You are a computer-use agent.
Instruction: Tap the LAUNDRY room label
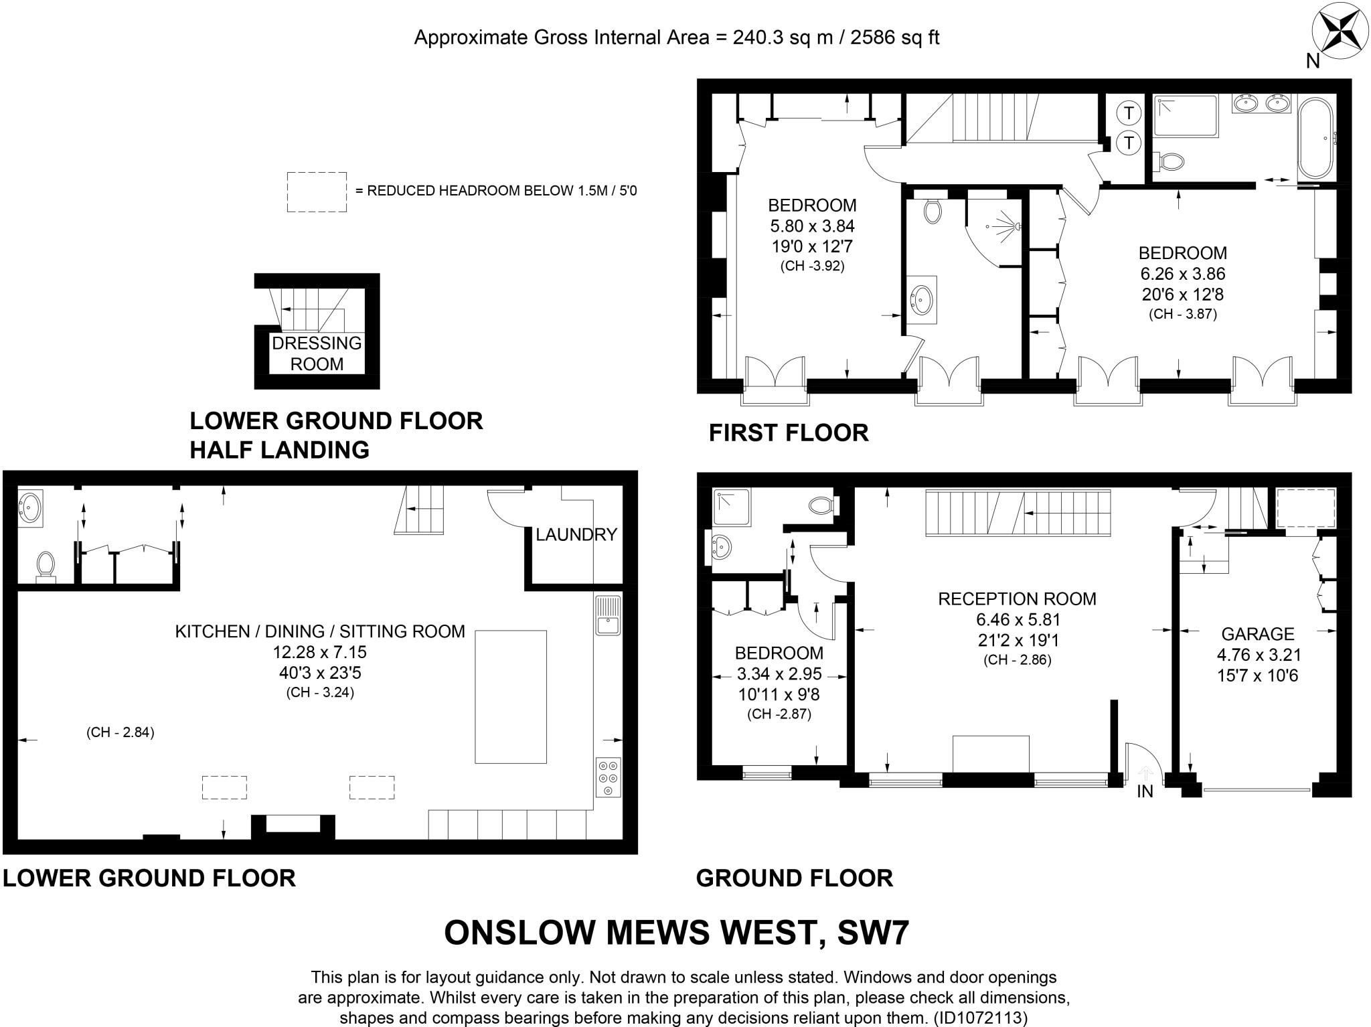[576, 534]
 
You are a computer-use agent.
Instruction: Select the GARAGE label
[1257, 633]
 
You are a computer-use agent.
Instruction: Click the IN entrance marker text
[1145, 791]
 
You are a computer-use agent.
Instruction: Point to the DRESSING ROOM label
[317, 353]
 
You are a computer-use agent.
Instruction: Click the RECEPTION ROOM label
[1017, 599]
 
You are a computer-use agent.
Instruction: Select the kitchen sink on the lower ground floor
[607, 615]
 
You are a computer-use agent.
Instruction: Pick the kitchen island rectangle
[511, 696]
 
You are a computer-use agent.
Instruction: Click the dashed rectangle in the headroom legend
[317, 191]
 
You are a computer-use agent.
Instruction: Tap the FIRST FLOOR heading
[789, 433]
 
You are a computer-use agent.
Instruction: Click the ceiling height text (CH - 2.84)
[120, 732]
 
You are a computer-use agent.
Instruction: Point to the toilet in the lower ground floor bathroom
[46, 564]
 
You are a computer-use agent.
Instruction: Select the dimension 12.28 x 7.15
[319, 651]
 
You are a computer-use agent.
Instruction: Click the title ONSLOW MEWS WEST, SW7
[676, 932]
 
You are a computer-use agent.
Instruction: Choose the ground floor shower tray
[731, 507]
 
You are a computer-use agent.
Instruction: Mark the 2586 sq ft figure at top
[894, 37]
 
